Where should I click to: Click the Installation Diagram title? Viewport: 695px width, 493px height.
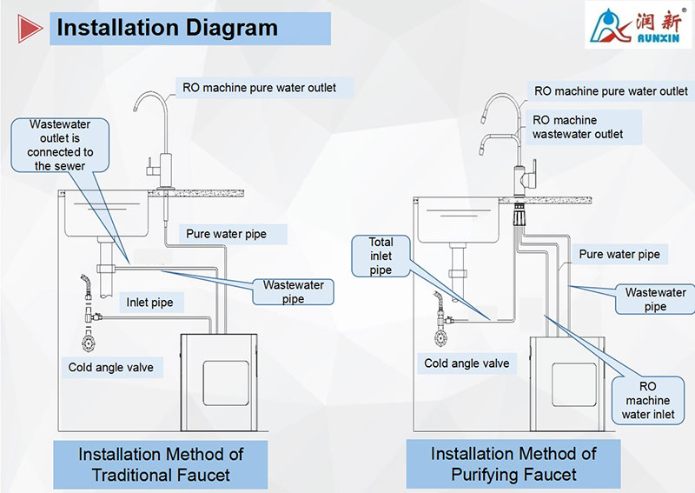pos(167,28)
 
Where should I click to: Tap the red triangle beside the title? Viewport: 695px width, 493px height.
pos(31,29)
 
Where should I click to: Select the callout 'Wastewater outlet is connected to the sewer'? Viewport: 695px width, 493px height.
pos(60,144)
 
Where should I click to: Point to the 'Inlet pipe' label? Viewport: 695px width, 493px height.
pos(149,303)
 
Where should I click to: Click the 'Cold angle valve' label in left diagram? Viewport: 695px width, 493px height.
pos(110,367)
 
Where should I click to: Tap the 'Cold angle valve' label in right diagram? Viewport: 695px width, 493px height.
pos(467,363)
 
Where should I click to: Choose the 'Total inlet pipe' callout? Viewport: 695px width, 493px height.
pos(381,256)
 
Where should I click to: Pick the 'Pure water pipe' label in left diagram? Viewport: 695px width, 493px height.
pos(226,233)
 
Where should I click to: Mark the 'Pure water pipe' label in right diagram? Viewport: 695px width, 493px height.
pos(619,254)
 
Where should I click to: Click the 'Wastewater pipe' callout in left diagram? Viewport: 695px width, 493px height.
pos(294,291)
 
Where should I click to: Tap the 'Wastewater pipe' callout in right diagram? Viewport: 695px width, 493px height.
pos(655,299)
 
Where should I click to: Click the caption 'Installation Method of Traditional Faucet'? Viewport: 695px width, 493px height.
pos(161,464)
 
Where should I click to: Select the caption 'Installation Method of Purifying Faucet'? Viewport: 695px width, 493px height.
pos(513,464)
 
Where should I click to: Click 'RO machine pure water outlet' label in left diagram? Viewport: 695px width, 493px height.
pos(257,87)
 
